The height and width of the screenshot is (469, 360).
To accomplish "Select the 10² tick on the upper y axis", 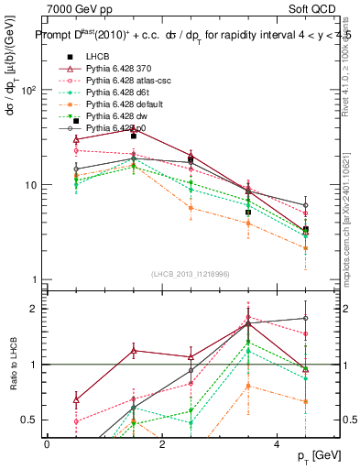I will pos(27,91).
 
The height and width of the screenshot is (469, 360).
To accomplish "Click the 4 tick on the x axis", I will pos(278,444).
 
